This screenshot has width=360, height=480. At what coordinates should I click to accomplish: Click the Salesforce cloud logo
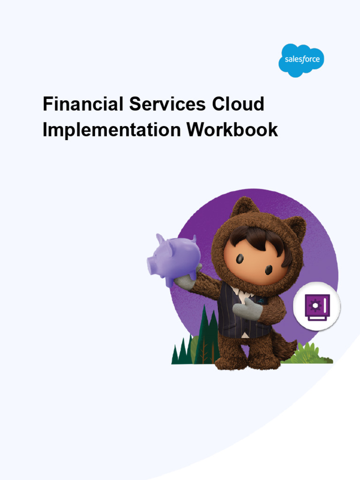tap(301, 60)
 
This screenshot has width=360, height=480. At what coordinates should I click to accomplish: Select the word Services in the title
tap(167, 104)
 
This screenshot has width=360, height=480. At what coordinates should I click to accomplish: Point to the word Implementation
tap(111, 130)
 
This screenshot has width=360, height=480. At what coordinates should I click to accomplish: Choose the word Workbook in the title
tap(232, 130)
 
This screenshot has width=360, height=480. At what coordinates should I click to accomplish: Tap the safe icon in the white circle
tap(316, 307)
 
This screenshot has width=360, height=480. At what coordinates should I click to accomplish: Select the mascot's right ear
tap(295, 228)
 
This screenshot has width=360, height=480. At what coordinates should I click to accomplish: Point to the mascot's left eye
tap(240, 258)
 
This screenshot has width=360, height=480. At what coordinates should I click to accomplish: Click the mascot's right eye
tap(269, 270)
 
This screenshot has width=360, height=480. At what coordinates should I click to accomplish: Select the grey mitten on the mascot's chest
tap(247, 310)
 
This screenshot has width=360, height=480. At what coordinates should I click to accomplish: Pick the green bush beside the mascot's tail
tap(309, 354)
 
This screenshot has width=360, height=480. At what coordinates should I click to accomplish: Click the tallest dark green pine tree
tap(205, 335)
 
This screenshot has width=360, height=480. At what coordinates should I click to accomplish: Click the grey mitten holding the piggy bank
tap(185, 281)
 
